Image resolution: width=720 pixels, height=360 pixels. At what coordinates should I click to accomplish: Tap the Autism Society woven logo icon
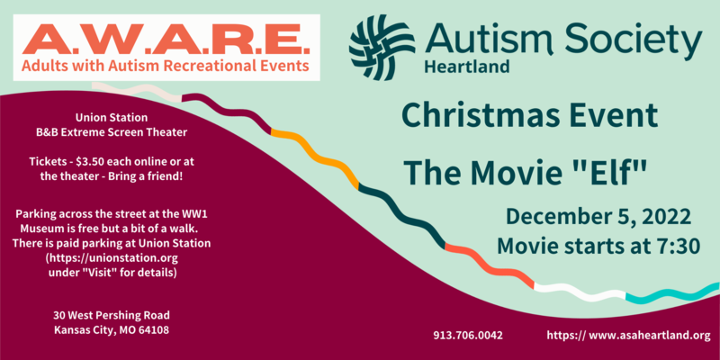(382, 48)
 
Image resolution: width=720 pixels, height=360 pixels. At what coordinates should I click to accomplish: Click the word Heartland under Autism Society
(467, 67)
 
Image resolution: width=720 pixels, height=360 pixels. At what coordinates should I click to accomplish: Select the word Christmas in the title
(486, 116)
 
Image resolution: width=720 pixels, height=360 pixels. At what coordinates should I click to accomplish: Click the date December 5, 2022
(598, 217)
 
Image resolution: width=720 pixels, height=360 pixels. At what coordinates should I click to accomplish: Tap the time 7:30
(675, 246)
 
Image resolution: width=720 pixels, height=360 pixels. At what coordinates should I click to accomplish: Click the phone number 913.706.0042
(468, 335)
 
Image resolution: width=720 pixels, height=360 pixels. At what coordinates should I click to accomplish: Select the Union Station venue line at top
(112, 118)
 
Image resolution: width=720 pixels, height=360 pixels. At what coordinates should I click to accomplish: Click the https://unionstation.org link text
(112, 257)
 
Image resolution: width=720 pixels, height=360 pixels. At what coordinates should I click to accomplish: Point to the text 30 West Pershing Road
(112, 316)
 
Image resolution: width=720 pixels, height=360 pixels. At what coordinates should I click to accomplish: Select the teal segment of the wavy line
(673, 293)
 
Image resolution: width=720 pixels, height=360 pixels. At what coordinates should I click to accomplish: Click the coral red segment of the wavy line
(490, 266)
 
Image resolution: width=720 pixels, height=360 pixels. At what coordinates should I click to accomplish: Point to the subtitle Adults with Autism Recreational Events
(166, 66)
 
